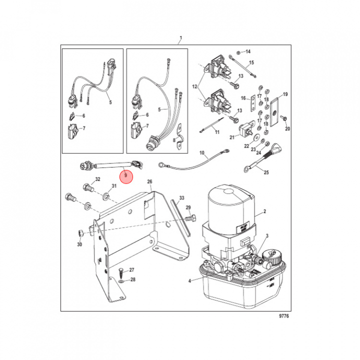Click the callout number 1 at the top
coord(180,38)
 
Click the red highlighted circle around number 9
coord(126,176)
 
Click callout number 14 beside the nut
coord(248,52)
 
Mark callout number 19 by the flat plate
coord(285,94)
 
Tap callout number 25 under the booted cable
coord(266,172)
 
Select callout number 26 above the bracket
coord(149,181)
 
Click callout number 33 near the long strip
coord(181,198)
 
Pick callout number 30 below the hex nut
coord(79,244)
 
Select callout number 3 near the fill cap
coord(267,235)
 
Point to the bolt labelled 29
coord(190,218)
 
